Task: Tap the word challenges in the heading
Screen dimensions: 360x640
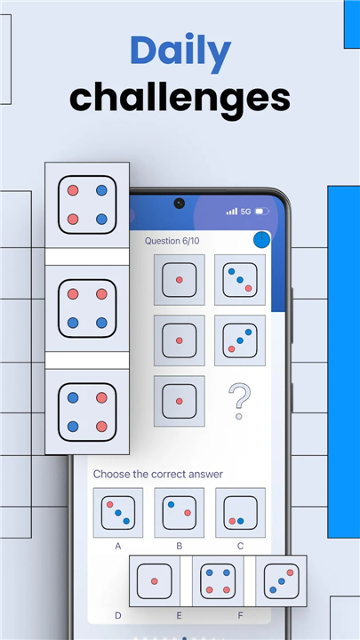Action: tap(180, 98)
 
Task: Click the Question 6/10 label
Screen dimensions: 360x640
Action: tap(172, 241)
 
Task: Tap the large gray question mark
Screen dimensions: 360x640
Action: tap(240, 401)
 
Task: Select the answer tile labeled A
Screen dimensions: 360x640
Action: tap(118, 513)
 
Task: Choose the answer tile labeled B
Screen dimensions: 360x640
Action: tap(180, 513)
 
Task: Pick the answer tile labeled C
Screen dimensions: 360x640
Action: tap(240, 513)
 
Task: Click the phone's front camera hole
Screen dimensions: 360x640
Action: tap(179, 203)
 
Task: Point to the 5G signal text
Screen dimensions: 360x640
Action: tap(245, 212)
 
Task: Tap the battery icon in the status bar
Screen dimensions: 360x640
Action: tap(262, 212)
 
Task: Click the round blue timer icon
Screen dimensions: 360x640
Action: tap(261, 240)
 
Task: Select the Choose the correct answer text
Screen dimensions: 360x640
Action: tap(158, 475)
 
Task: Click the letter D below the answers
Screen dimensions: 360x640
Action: tap(118, 615)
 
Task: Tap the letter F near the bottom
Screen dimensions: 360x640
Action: tap(240, 615)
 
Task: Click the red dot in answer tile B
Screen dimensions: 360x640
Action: tap(188, 513)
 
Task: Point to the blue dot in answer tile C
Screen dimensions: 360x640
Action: tap(240, 521)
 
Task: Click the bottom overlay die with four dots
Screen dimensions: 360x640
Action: tap(218, 580)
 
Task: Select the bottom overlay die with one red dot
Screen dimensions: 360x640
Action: tap(155, 580)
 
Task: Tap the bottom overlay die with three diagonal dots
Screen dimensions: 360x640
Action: tap(281, 580)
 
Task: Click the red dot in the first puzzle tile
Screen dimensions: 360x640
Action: tap(180, 280)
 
